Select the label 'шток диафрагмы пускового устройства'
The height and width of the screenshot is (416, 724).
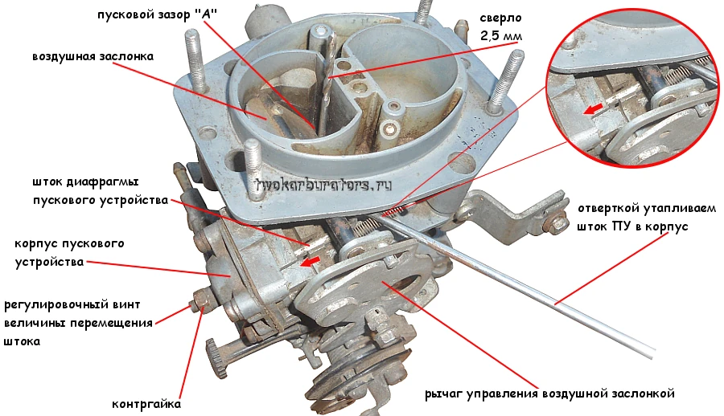94,190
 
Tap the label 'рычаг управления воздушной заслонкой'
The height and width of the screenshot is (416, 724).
549,394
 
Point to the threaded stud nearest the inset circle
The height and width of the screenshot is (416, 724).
504,76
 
